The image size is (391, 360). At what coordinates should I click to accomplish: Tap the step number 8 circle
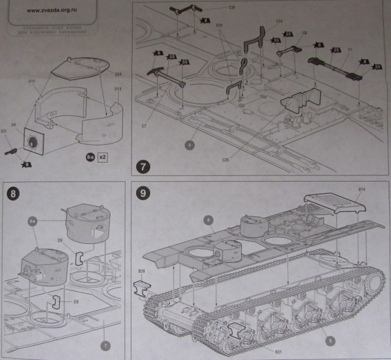pyautogui.click(x=13, y=194)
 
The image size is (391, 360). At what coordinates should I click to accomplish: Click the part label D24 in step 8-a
pyautogui.click(x=119, y=75)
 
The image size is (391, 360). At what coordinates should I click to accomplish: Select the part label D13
pyautogui.click(x=119, y=89)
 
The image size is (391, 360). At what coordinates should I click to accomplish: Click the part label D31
pyautogui.click(x=4, y=131)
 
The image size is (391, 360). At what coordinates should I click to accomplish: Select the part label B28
pyautogui.click(x=142, y=270)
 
